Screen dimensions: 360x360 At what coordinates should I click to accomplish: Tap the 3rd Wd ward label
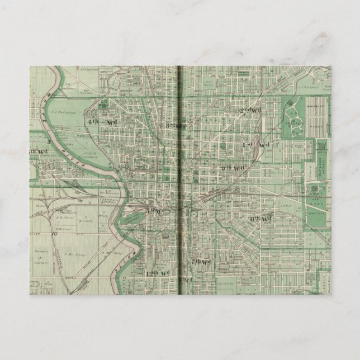(174, 125)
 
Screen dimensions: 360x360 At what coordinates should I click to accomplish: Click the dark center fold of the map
(180, 184)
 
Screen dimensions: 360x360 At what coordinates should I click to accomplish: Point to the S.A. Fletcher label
(306, 87)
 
